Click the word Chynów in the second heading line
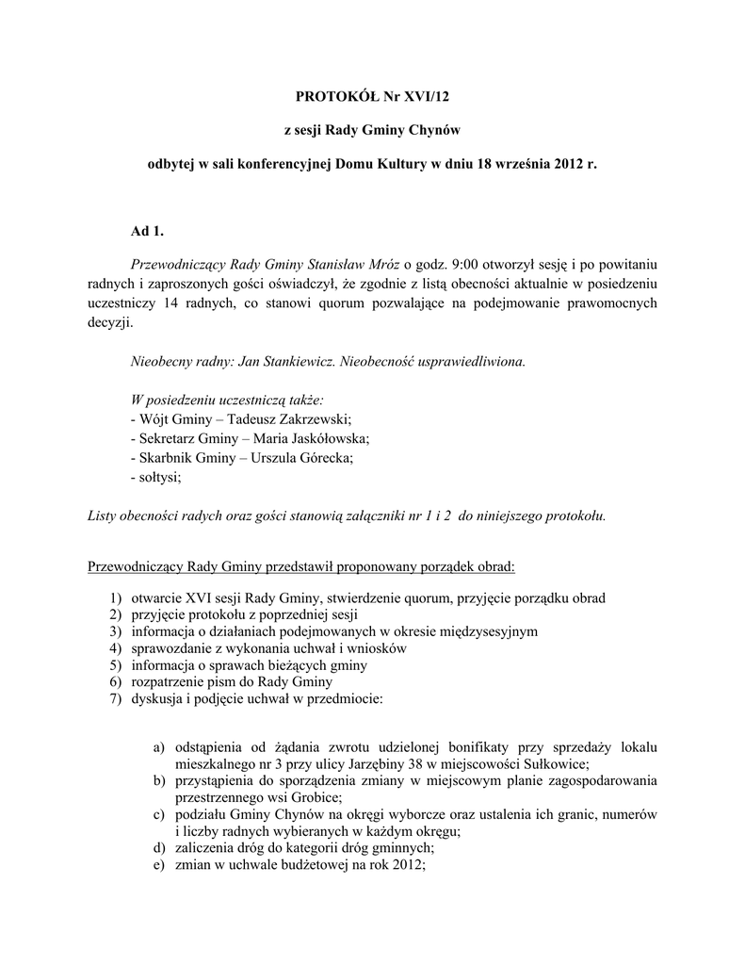[429, 128]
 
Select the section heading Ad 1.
[146, 233]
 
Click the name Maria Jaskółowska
[311, 439]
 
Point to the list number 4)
[116, 648]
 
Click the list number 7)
[116, 699]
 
